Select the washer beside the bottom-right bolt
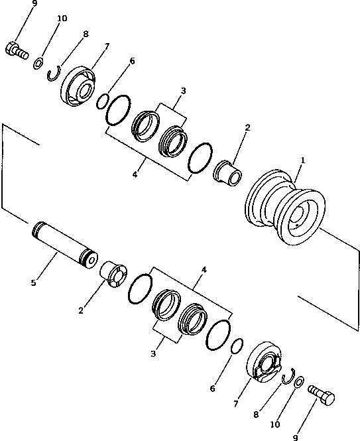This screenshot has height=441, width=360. pos(298,383)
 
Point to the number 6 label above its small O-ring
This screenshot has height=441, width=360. pos(132,61)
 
